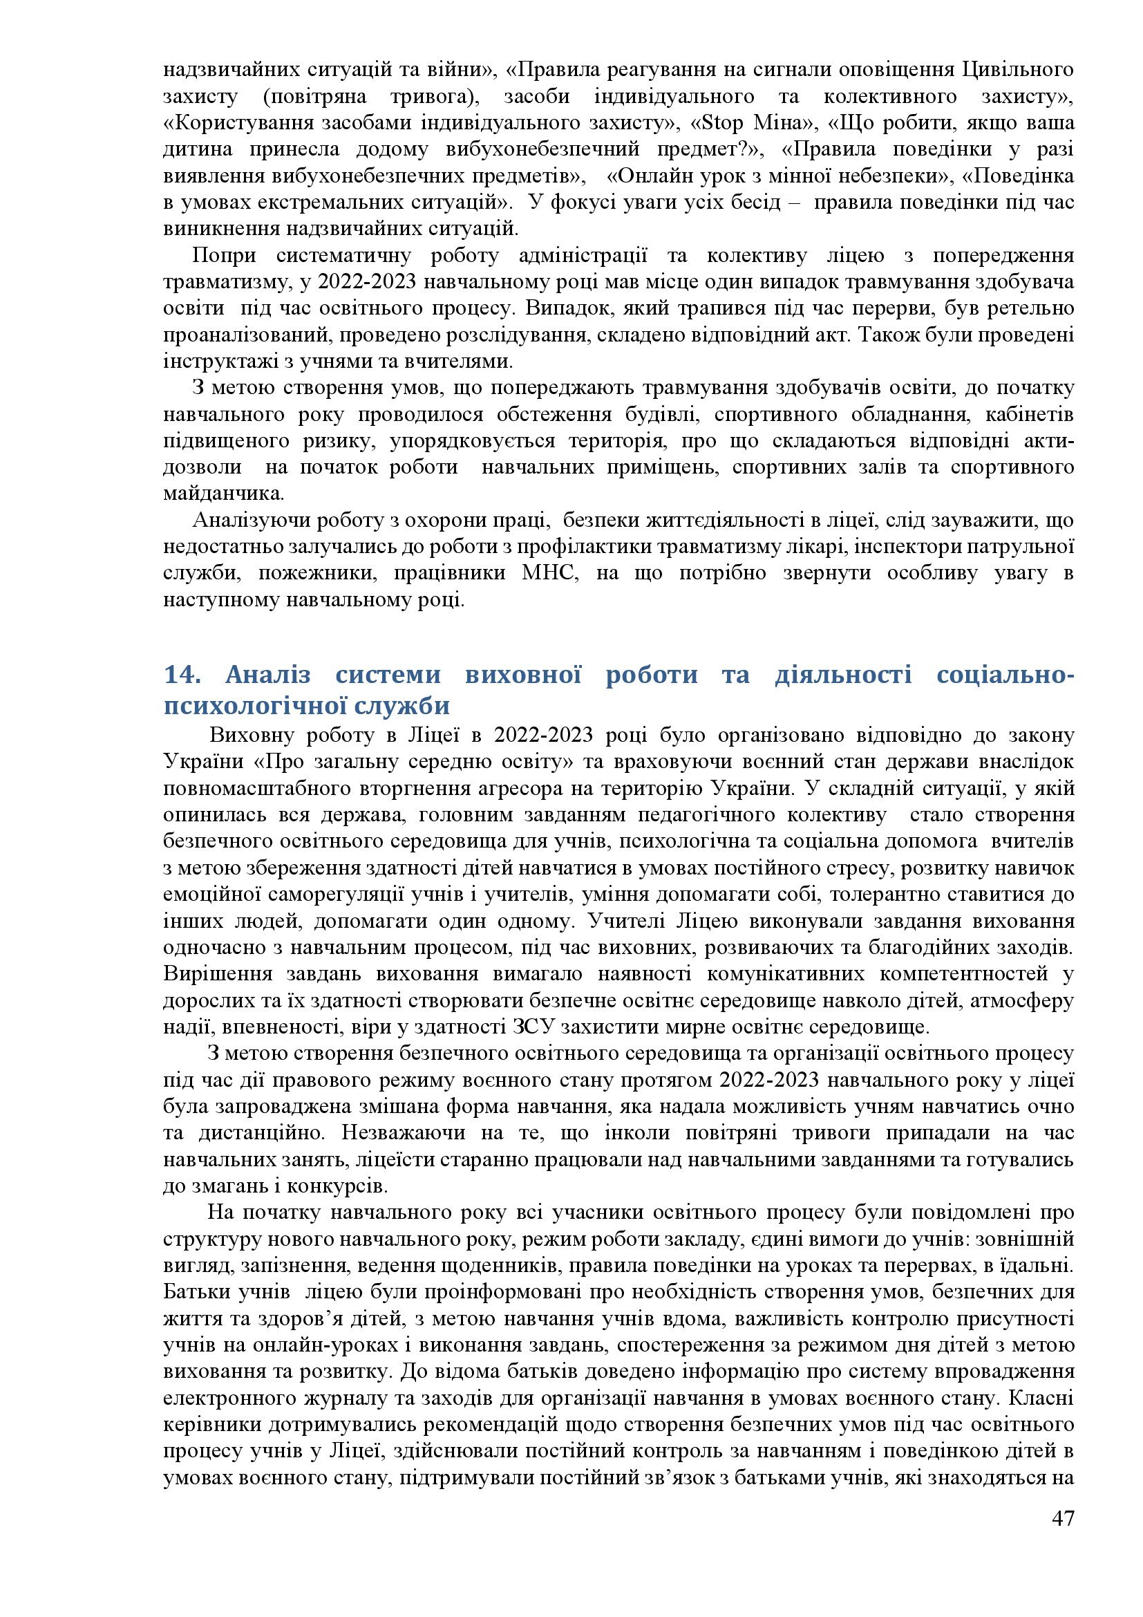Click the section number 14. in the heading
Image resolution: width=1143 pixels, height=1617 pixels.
tap(184, 675)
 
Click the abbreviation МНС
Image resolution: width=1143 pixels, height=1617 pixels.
tap(549, 573)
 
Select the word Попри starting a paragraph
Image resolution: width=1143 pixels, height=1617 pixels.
tap(225, 256)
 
